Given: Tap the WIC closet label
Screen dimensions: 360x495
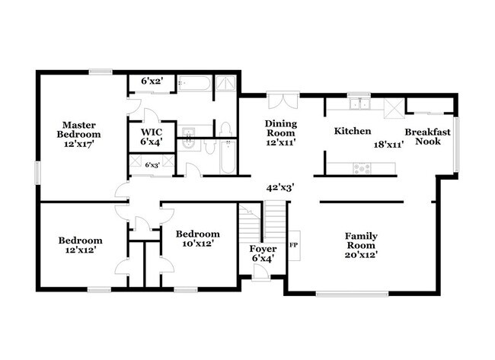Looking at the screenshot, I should [151, 135].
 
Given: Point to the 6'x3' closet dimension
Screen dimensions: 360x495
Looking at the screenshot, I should [152, 164].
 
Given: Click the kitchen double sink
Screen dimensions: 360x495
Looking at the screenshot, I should [358, 104].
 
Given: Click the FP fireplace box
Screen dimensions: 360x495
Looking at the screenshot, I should [293, 245].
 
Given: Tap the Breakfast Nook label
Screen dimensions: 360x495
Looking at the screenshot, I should [427, 136].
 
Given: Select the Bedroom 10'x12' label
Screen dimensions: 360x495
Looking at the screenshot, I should [197, 238].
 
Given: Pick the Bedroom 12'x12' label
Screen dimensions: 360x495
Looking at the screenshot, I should [78, 244].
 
